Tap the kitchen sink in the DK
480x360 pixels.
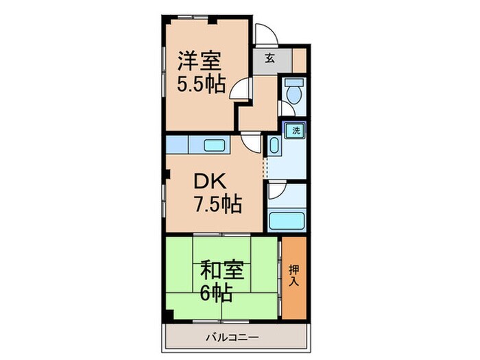tap(215, 145)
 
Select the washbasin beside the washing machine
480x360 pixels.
tap(273, 145)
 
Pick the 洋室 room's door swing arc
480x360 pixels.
tap(240, 89)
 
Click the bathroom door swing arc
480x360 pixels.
tap(276, 191)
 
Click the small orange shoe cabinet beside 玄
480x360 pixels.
tap(299, 60)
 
